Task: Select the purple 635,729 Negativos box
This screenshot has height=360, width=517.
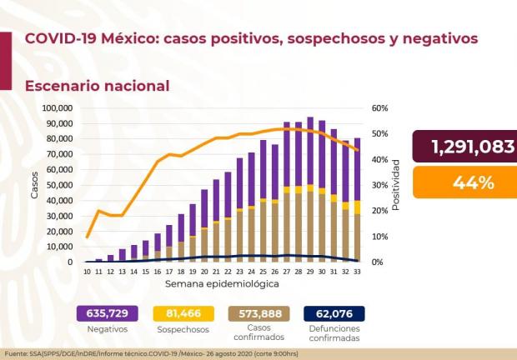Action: click(106, 313)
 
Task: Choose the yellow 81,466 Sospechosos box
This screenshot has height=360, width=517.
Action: click(178, 313)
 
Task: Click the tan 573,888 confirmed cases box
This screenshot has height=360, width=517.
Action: click(258, 313)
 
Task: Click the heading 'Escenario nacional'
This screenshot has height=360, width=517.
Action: click(97, 86)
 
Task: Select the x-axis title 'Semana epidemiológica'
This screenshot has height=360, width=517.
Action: click(223, 284)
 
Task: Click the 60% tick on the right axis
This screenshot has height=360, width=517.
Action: click(379, 108)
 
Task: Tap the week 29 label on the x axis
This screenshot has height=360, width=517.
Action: click(310, 272)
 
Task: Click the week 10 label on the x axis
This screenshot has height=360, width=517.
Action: click(88, 272)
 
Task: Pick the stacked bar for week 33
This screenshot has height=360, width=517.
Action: click(357, 200)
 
